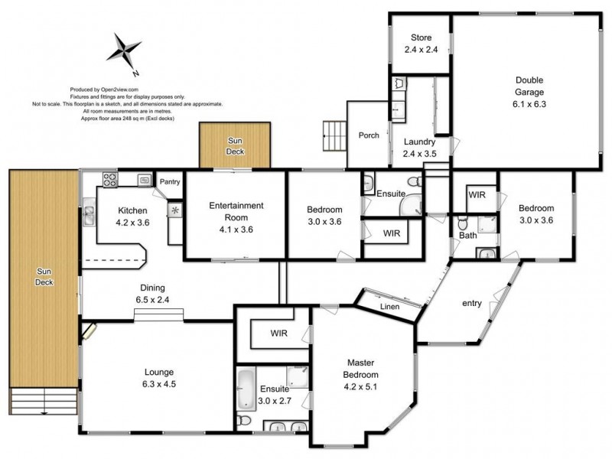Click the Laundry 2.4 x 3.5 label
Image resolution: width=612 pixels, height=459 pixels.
418,147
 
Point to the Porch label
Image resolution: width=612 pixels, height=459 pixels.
369,135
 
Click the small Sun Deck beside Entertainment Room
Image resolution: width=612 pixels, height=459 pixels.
235,145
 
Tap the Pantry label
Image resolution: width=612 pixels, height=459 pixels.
170,181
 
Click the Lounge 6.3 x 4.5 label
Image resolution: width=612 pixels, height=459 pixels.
159,379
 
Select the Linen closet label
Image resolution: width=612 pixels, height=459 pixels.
390,306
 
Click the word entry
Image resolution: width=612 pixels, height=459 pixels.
471,304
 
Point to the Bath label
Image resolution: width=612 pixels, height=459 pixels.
468,236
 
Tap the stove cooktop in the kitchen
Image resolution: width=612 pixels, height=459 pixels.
110,181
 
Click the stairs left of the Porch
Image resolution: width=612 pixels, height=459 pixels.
334,136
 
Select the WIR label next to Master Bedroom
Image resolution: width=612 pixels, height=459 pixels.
278,334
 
